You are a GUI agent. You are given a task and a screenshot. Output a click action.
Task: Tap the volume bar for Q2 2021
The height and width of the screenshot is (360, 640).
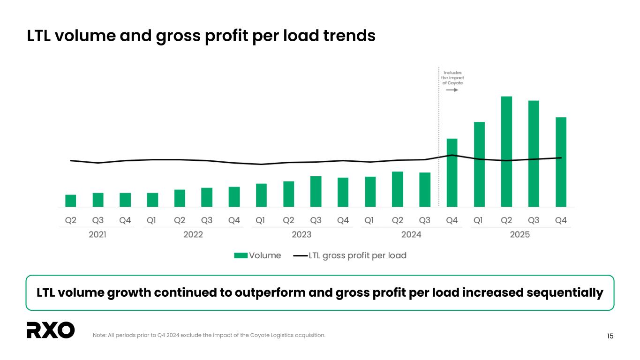pos(71,201)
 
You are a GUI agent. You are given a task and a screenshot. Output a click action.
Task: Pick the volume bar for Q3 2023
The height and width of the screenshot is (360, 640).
pos(316,191)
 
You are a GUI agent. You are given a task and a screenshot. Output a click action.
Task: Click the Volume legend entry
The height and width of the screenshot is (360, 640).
pos(257,255)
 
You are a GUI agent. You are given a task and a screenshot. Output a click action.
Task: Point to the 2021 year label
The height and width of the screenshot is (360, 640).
pos(98,234)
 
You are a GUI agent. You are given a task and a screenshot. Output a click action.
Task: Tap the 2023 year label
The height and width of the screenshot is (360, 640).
pos(301,234)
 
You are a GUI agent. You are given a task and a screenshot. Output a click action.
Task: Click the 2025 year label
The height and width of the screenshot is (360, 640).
pos(520,234)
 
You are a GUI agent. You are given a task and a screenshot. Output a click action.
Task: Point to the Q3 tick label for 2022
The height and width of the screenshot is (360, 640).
pos(207,220)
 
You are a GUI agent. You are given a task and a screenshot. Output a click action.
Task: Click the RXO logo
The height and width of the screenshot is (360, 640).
pos(51,330)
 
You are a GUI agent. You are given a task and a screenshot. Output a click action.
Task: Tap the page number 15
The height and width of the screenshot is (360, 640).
pos(610,336)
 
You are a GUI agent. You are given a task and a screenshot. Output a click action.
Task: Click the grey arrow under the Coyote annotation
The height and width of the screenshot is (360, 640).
pos(452,90)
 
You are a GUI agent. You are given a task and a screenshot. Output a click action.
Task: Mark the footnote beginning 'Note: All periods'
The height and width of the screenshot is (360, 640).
pos(209,335)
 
